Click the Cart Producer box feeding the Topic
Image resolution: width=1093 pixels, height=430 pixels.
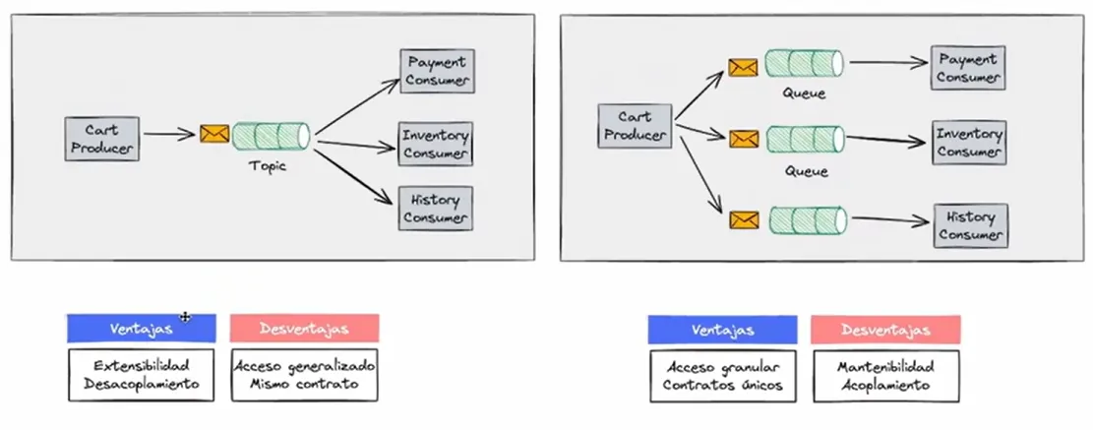pyautogui.click(x=101, y=139)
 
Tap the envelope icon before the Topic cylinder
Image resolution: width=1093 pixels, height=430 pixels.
pyautogui.click(x=213, y=134)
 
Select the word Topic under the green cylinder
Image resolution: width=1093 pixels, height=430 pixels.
pyautogui.click(x=268, y=166)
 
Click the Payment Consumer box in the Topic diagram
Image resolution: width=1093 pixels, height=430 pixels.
pyautogui.click(x=436, y=72)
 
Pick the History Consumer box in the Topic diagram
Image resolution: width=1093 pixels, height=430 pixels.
pyautogui.click(x=436, y=208)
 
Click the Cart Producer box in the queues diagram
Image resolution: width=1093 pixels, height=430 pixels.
pyautogui.click(x=634, y=126)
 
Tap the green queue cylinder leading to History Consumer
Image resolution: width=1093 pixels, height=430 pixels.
pyautogui.click(x=807, y=218)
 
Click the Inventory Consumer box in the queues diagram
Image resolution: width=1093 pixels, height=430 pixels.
pyautogui.click(x=968, y=143)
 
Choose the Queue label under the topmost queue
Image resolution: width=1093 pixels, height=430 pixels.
pyautogui.click(x=804, y=94)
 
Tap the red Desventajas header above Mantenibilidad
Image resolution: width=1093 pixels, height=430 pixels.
pyautogui.click(x=885, y=330)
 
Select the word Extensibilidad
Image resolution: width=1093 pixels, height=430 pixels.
pyautogui.click(x=142, y=365)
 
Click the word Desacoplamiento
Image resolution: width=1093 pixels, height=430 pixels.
pyautogui.click(x=142, y=384)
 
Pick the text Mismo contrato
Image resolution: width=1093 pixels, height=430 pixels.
pyautogui.click(x=304, y=384)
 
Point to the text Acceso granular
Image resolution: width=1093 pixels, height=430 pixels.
pyautogui.click(x=722, y=366)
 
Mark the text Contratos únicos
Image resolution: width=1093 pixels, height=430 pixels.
pyautogui.click(x=722, y=385)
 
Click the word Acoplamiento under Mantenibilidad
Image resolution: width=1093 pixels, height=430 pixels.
pyautogui.click(x=885, y=385)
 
